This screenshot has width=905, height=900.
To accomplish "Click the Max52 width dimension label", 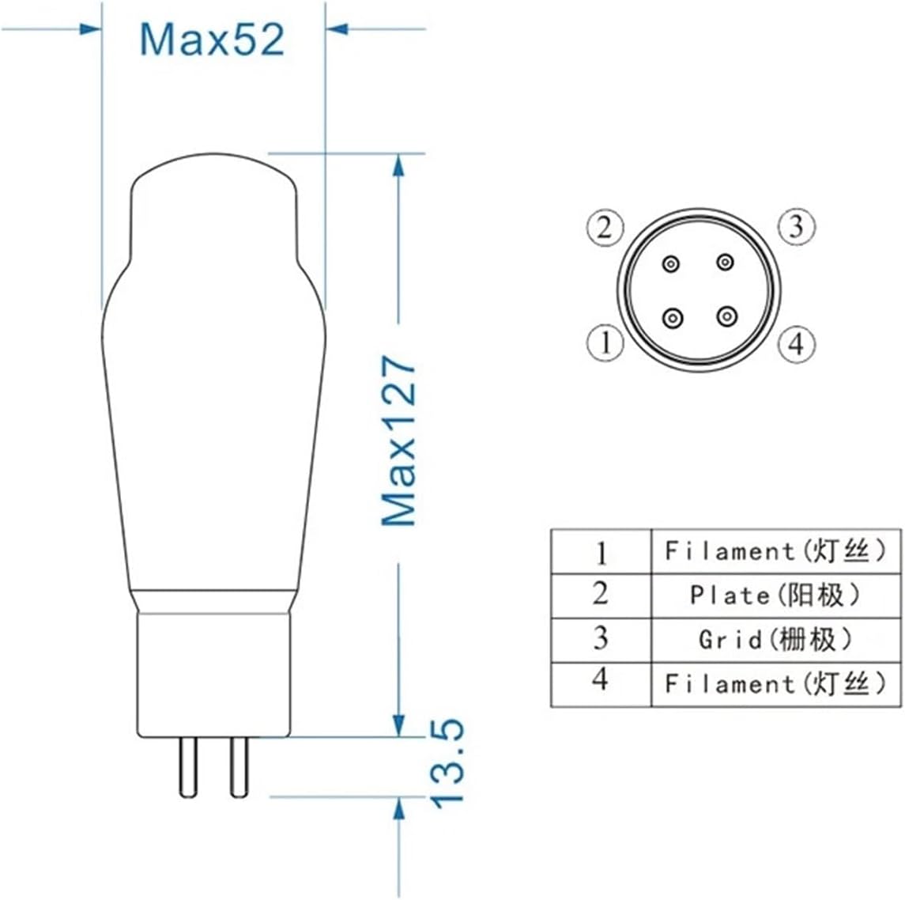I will pyautogui.click(x=211, y=40).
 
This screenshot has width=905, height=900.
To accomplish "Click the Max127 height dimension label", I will pyautogui.click(x=398, y=441).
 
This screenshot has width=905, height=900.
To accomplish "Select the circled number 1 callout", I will pyautogui.click(x=605, y=343).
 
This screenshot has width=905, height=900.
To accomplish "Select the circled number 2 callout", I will pyautogui.click(x=605, y=229).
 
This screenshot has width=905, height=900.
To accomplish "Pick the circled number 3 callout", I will pyautogui.click(x=795, y=227).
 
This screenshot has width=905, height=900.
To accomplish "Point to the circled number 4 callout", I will pyautogui.click(x=795, y=344).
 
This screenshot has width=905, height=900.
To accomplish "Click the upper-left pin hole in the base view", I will pyautogui.click(x=671, y=264).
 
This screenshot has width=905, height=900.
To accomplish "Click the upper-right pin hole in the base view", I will pyautogui.click(x=724, y=261).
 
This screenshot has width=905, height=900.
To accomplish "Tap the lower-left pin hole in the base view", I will pyautogui.click(x=673, y=318).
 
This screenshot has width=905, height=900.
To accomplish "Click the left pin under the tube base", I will pyautogui.click(x=188, y=766).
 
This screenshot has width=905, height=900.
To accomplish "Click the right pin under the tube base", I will pyautogui.click(x=239, y=766).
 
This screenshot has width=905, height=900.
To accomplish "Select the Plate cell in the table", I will pyautogui.click(x=775, y=595).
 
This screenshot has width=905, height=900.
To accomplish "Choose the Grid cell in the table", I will pyautogui.click(x=775, y=639).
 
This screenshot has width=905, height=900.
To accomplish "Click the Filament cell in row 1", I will pyautogui.click(x=775, y=550).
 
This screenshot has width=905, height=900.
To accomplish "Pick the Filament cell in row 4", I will pyautogui.click(x=775, y=683).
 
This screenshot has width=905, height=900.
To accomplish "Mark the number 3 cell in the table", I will pyautogui.click(x=601, y=639).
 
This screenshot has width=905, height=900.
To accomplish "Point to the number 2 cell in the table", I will pyautogui.click(x=601, y=595).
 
